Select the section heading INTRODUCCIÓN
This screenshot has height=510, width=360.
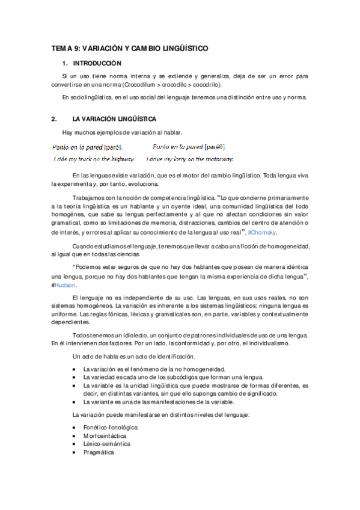pos(97,63)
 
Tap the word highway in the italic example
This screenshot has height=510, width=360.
pos(120,159)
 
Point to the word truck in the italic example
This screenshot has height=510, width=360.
pos(85,159)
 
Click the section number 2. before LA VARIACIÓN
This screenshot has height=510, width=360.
pos(54,119)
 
